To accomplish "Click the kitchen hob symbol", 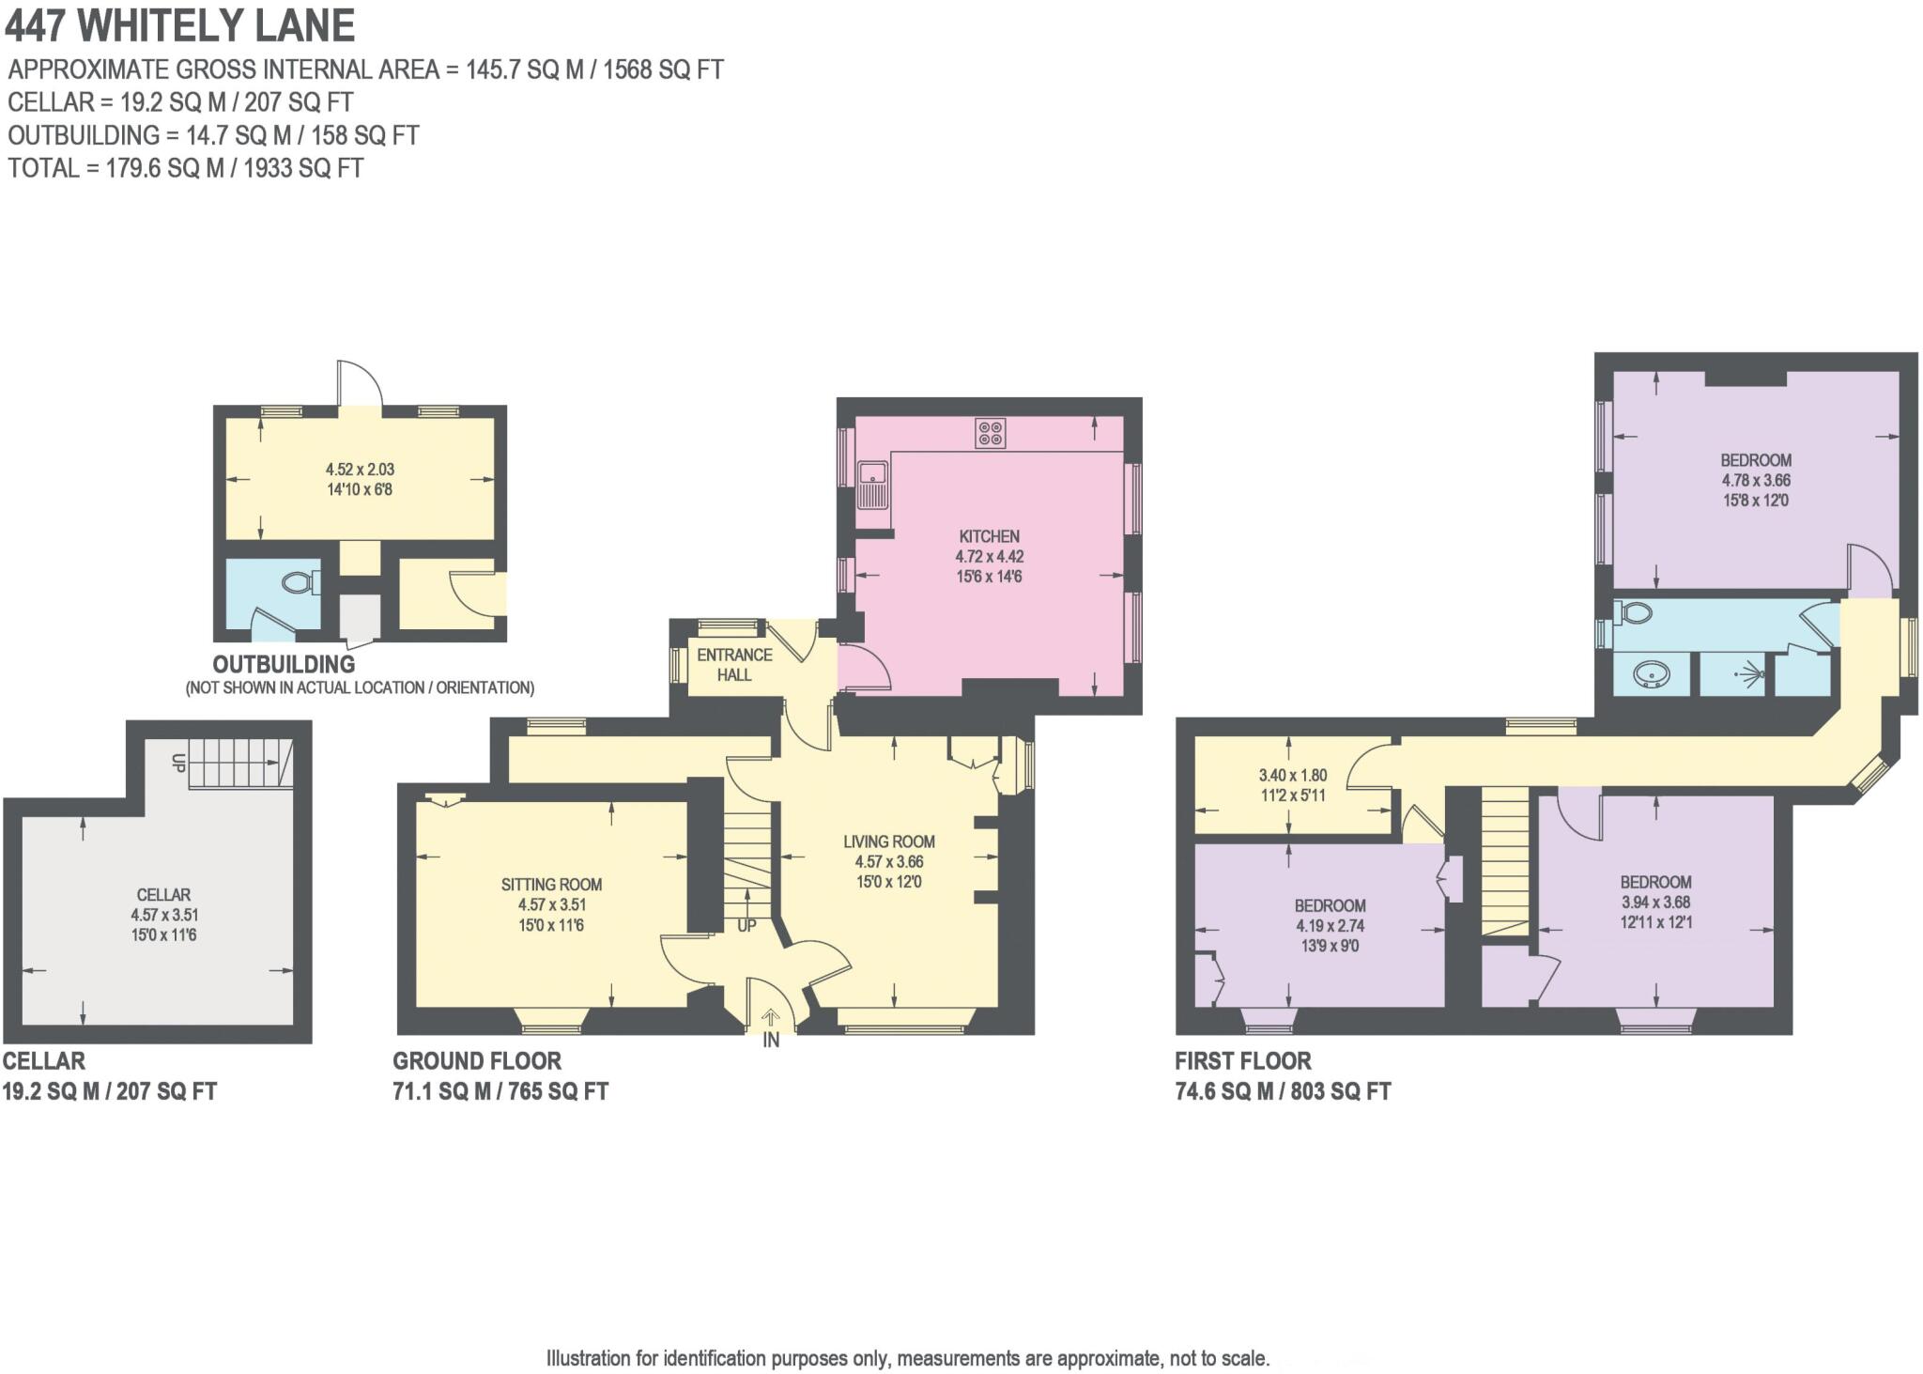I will click(x=990, y=433).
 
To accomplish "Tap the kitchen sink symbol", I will click(x=872, y=484).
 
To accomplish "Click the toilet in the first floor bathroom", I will click(x=1637, y=613).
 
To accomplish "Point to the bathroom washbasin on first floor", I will click(x=1651, y=674).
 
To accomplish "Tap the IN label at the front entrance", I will click(x=770, y=1041).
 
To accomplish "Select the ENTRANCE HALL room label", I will click(x=734, y=664).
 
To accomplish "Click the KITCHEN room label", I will click(x=989, y=536).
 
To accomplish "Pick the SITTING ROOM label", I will click(x=551, y=884).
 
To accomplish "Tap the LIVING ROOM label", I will click(x=888, y=841).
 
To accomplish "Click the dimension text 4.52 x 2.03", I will click(x=359, y=469).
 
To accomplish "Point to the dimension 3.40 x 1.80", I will click(x=1292, y=776).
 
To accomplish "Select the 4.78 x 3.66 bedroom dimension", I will click(x=1755, y=480).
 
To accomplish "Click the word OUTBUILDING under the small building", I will click(x=284, y=664).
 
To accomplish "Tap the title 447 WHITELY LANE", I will click(x=180, y=25).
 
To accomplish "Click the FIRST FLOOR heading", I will click(x=1242, y=1061).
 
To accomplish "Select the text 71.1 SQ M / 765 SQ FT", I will click(x=500, y=1091).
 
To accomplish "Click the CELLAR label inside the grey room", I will click(x=163, y=895).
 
